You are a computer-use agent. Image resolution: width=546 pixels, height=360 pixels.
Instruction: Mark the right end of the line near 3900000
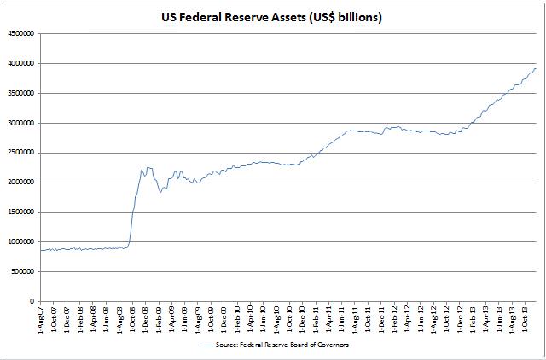pyautogui.click(x=536, y=69)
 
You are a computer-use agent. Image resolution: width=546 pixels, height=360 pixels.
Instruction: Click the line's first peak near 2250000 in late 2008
pyautogui.click(x=146, y=168)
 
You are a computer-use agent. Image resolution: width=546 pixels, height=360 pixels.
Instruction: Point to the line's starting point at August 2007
pyautogui.click(x=41, y=250)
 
